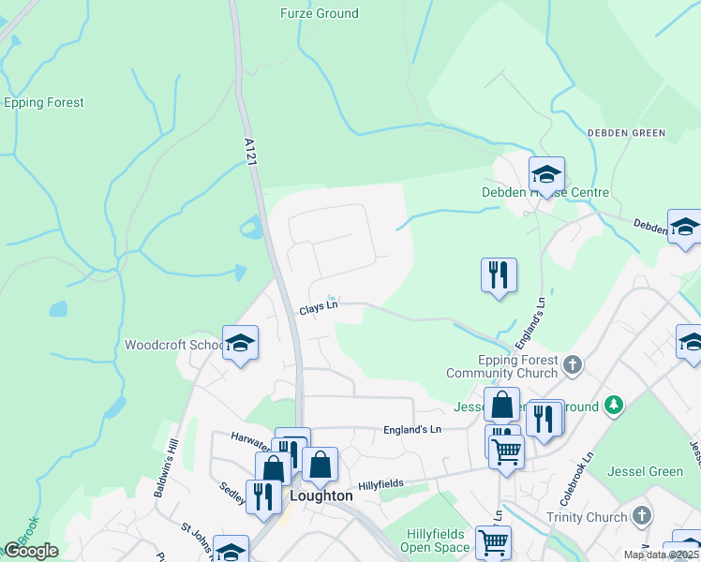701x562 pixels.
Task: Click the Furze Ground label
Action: (319, 14)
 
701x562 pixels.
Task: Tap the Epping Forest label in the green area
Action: (44, 103)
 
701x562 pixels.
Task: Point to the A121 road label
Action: (249, 153)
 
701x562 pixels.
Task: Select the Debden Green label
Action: (626, 133)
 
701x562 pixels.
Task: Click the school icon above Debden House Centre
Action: (546, 174)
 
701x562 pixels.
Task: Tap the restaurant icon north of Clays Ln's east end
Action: (499, 275)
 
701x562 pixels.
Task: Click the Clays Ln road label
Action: (318, 308)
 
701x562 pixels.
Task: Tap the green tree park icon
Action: (614, 405)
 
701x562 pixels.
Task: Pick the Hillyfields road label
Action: (380, 484)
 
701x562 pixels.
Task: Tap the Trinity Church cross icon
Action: (641, 516)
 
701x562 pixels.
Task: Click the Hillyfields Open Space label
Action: (438, 540)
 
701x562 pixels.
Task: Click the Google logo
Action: (30, 551)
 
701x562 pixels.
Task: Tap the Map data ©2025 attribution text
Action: (661, 555)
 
